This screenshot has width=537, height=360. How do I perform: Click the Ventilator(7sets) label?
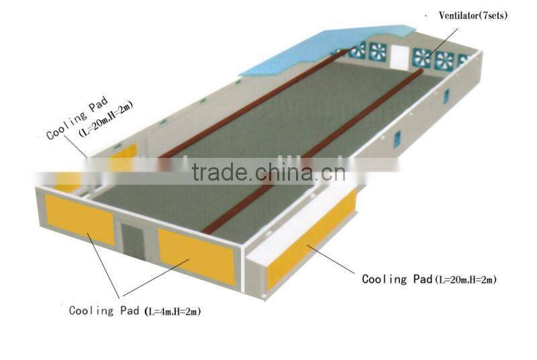tap(473, 15)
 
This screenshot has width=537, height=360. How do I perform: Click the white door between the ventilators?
tap(401, 56)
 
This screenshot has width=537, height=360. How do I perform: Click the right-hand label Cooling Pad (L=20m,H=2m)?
tap(429, 279)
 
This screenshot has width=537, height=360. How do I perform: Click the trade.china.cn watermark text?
tap(268, 173)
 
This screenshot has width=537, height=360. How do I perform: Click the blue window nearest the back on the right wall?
tap(446, 95)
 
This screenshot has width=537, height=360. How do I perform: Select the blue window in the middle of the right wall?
tap(397, 139)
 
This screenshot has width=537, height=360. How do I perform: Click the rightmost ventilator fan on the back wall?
tap(462, 60)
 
